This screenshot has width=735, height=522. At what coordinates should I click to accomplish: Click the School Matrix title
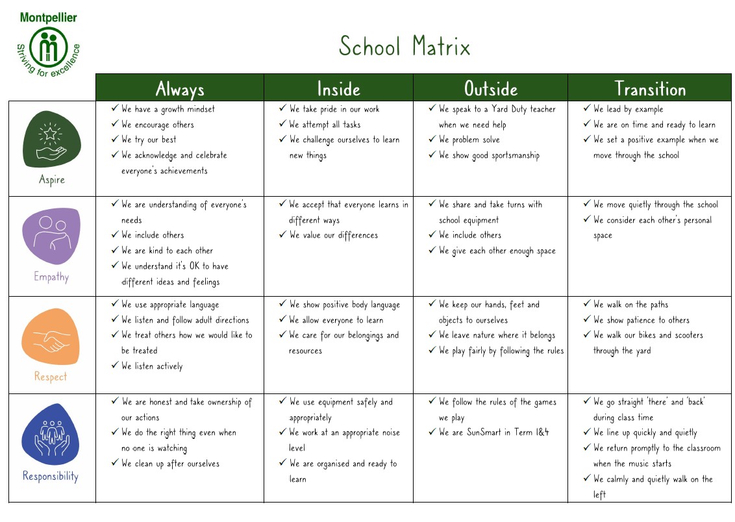pos(404,47)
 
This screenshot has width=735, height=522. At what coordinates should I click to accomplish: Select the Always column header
pos(180,88)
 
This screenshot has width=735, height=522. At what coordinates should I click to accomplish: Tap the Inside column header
pos(338,88)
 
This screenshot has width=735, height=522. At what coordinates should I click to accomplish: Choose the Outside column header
pos(490,88)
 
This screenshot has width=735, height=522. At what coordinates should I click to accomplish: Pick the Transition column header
pos(650,88)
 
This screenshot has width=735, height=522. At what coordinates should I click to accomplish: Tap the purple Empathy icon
pos(51,235)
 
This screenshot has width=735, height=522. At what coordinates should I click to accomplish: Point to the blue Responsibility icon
pos(51,434)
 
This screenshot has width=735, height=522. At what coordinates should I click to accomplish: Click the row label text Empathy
pos(51,277)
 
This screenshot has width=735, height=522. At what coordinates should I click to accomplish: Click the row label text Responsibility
pos(51,477)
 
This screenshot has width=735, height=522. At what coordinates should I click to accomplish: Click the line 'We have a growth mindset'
pos(168,109)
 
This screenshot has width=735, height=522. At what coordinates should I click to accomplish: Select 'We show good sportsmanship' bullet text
pos(489,155)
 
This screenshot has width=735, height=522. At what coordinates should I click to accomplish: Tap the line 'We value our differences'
pos(333,235)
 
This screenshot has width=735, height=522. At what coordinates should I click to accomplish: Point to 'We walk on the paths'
pos(630,304)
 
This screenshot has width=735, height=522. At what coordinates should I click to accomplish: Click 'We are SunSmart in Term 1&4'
pos(493,432)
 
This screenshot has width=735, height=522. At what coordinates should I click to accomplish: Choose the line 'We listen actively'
pos(152,366)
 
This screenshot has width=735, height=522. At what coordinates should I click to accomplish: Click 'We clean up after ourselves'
pos(170,464)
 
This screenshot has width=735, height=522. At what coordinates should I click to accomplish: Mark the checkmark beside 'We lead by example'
pos(587,108)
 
